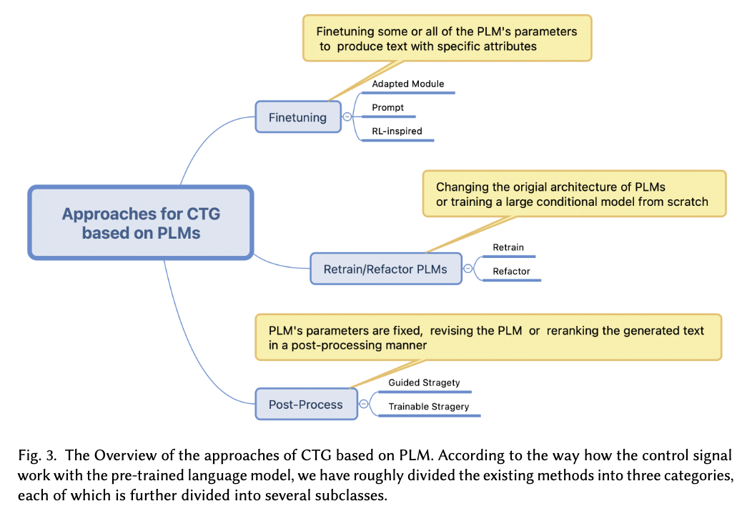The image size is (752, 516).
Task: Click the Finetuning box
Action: point(298,117)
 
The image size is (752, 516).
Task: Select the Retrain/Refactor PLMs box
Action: point(385,269)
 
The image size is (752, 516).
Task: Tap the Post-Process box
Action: point(306,405)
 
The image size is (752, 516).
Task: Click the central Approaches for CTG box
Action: point(141,223)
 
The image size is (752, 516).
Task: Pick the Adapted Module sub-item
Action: point(408,84)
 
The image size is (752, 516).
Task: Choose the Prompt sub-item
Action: point(387,107)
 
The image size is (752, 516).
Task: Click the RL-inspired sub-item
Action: point(397,131)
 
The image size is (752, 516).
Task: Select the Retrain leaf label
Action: point(508,247)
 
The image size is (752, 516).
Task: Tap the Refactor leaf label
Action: point(511,272)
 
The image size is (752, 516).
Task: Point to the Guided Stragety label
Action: point(424,382)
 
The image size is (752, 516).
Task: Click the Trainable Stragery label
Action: point(429,407)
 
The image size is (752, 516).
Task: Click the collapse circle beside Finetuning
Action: point(347,117)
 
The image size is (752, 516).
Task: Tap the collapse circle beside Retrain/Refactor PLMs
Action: point(468,269)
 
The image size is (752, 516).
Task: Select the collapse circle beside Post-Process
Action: point(364,405)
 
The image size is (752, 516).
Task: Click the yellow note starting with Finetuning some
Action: point(447,39)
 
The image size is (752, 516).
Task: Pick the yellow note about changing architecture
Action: point(574,194)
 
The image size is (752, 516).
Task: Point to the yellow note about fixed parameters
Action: point(488,337)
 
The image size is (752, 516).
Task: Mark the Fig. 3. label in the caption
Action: point(37,455)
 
